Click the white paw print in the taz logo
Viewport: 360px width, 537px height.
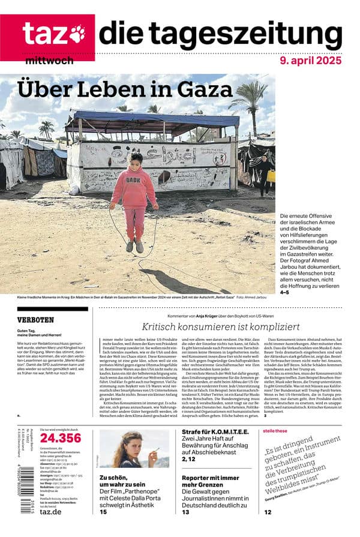click(x=77, y=33)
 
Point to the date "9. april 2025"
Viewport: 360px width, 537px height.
click(x=310, y=61)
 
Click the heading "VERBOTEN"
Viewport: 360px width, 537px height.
click(x=35, y=320)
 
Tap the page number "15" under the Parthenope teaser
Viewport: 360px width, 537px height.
click(x=103, y=512)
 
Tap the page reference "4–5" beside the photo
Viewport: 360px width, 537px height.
click(x=284, y=292)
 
